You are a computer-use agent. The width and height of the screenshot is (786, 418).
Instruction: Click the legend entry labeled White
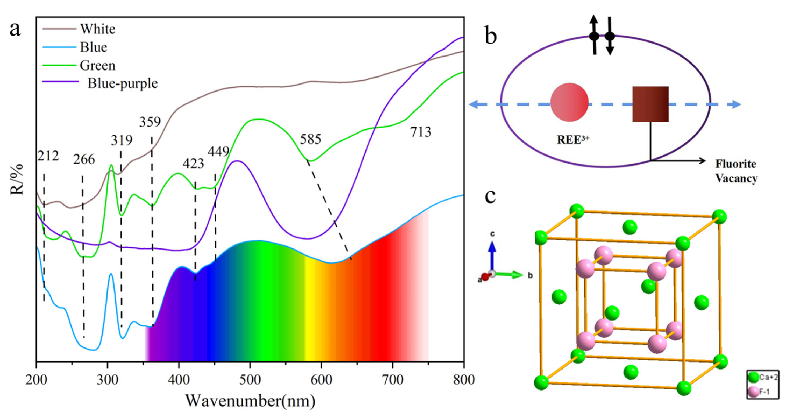(x=98, y=29)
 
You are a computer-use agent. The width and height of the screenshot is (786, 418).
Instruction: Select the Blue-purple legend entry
(x=123, y=83)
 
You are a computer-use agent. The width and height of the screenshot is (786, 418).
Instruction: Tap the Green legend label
(x=98, y=66)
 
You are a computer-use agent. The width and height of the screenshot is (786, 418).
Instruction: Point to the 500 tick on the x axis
(x=250, y=380)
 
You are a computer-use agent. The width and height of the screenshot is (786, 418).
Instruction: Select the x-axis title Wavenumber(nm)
(x=250, y=401)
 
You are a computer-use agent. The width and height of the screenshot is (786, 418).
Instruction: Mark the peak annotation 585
(x=310, y=139)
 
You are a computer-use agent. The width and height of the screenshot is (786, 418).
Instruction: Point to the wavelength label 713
(x=421, y=132)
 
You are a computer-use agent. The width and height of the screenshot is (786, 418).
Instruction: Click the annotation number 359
(x=150, y=122)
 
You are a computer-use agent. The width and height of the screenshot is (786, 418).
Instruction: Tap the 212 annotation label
(x=48, y=156)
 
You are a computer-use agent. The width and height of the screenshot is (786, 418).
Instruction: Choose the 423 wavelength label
(x=193, y=164)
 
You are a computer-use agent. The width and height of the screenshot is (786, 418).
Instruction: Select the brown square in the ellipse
(x=650, y=104)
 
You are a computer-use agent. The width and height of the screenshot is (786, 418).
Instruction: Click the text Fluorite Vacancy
(x=736, y=171)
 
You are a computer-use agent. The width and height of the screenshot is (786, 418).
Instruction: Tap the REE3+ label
(x=573, y=140)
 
